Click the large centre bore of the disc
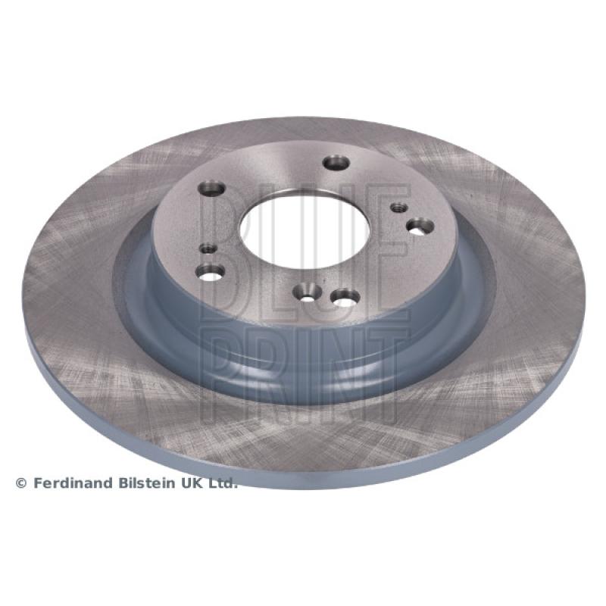[305, 229]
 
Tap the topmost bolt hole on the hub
[336, 162]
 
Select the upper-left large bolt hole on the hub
[211, 189]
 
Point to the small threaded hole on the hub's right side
[399, 208]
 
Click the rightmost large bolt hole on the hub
[420, 226]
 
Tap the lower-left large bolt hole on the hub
[211, 272]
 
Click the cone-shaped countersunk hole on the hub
[308, 293]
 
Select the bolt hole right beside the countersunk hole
[345, 297]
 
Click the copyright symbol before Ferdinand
[21, 483]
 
